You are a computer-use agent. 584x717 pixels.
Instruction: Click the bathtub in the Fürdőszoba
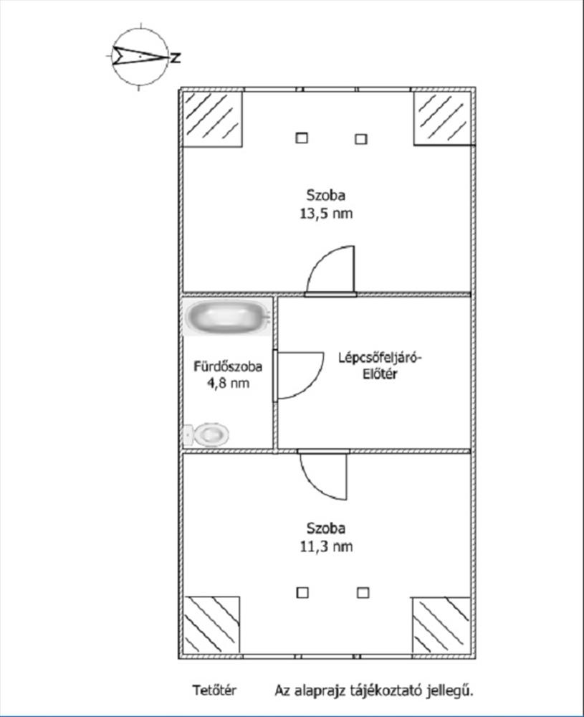228,316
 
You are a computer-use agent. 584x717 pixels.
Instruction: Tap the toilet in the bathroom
206,435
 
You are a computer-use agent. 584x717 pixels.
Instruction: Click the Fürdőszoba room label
228,366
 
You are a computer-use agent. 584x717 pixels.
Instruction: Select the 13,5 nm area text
326,214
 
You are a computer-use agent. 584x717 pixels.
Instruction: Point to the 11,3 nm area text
326,546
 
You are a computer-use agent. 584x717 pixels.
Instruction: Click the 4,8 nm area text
229,383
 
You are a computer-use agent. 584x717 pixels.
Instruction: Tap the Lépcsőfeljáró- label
380,357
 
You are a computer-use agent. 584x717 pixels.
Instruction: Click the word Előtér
380,374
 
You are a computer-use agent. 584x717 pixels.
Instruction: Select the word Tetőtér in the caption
214,690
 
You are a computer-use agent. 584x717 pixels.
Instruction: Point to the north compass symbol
140,56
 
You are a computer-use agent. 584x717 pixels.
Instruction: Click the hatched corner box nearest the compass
212,119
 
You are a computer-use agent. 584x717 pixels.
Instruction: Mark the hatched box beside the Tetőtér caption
211,625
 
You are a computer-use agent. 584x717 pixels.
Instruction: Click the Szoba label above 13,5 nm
326,195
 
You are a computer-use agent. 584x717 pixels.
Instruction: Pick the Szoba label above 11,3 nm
326,528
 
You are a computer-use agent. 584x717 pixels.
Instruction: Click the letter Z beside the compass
176,58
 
